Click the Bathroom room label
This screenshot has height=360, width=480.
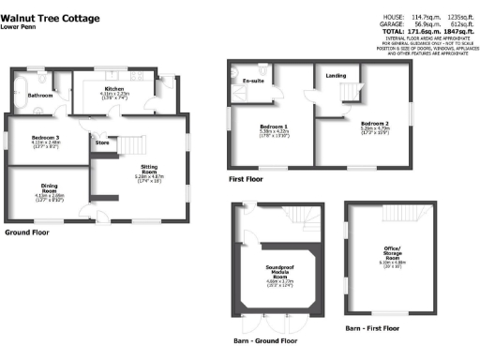click(39, 97)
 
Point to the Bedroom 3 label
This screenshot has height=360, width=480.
click(46, 137)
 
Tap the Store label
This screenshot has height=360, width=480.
click(100, 144)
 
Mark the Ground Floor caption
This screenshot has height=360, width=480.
click(28, 230)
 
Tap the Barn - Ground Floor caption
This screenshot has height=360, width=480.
click(267, 340)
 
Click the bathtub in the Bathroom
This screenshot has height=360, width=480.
click(20, 94)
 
